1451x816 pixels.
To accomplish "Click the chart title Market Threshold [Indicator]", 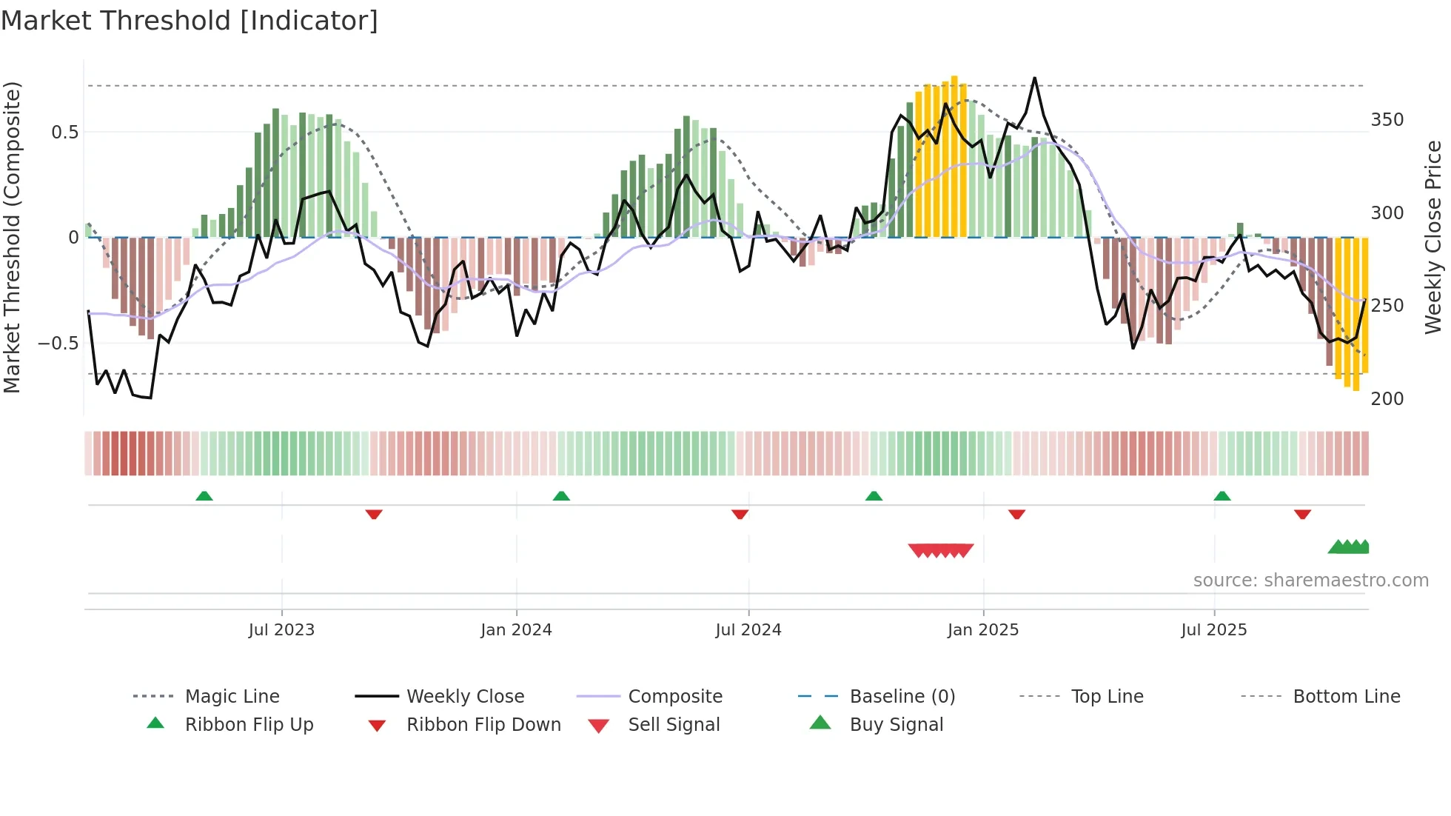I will click(x=190, y=21).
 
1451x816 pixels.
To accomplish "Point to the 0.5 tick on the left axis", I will click(x=64, y=133).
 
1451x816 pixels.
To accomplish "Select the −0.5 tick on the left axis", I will click(x=58, y=344).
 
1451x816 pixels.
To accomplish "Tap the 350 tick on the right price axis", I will click(x=1387, y=120).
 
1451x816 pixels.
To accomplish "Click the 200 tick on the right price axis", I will click(x=1387, y=399).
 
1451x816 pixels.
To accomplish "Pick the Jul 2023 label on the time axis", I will click(x=281, y=630).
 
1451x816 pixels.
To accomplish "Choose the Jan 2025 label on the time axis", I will click(x=982, y=630).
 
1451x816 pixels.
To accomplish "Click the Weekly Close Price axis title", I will click(x=1433, y=237).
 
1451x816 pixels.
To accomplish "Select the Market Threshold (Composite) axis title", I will click(x=12, y=237).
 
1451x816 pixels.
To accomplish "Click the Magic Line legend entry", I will click(x=232, y=697).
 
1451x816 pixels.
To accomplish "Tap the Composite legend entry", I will click(x=674, y=697).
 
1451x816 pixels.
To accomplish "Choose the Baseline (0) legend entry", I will click(x=902, y=697).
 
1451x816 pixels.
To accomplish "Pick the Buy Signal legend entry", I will click(x=896, y=725).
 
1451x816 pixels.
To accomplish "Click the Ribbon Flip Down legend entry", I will click(x=483, y=725).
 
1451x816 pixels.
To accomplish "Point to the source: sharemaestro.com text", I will click(x=1310, y=581).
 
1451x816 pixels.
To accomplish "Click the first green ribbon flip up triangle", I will click(x=204, y=496).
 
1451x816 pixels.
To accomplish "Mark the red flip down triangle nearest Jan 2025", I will click(x=1016, y=514).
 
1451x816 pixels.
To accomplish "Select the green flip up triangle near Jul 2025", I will click(x=1222, y=496).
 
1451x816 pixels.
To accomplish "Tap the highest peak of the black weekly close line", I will click(x=1034, y=78).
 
